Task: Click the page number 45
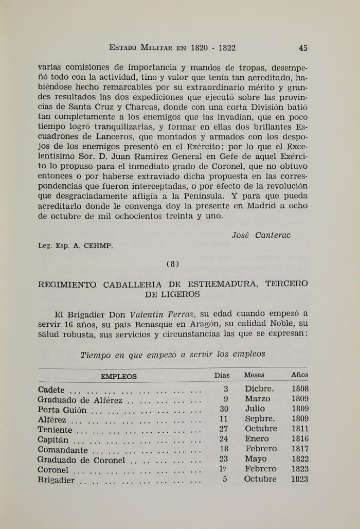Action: (x=303, y=48)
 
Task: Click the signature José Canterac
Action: (x=261, y=235)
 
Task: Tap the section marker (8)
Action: (x=173, y=264)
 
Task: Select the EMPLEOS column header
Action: (x=119, y=376)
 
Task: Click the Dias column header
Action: (x=222, y=375)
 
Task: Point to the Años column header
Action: (x=300, y=375)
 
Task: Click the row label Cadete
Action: (x=51, y=390)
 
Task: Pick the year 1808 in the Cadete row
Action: (x=300, y=389)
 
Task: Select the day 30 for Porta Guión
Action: (x=224, y=409)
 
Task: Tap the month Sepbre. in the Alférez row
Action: (x=260, y=419)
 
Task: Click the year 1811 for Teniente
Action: (x=300, y=429)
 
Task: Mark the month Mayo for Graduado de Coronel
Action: (x=256, y=459)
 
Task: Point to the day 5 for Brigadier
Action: (x=225, y=479)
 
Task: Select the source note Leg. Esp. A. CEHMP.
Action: (x=75, y=245)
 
